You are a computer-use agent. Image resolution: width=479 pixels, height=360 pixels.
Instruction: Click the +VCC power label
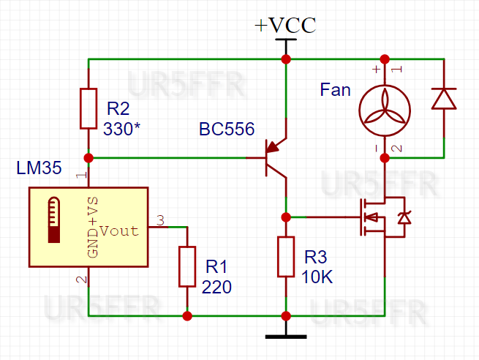[x=285, y=26]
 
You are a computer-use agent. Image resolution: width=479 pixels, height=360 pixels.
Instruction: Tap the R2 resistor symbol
[x=88, y=108]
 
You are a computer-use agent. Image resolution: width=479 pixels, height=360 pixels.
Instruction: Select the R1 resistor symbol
[x=187, y=266]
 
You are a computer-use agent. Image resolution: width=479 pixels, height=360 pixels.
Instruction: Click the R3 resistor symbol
[x=286, y=256]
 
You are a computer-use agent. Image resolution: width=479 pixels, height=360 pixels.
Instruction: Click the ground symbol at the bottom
[x=285, y=336]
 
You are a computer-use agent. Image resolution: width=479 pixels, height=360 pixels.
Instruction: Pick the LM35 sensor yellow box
[x=88, y=227]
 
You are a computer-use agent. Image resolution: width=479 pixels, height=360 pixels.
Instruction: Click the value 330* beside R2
[x=122, y=129]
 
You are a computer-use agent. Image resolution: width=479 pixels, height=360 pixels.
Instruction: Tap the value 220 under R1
[x=216, y=288]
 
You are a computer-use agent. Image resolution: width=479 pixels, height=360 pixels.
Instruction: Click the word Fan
[x=336, y=91]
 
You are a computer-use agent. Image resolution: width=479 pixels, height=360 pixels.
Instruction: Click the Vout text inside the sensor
[x=118, y=231]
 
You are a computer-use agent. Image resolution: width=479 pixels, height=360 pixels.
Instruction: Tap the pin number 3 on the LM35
[x=161, y=220]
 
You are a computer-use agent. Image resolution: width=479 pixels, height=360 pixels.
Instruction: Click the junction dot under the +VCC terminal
[x=285, y=59]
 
